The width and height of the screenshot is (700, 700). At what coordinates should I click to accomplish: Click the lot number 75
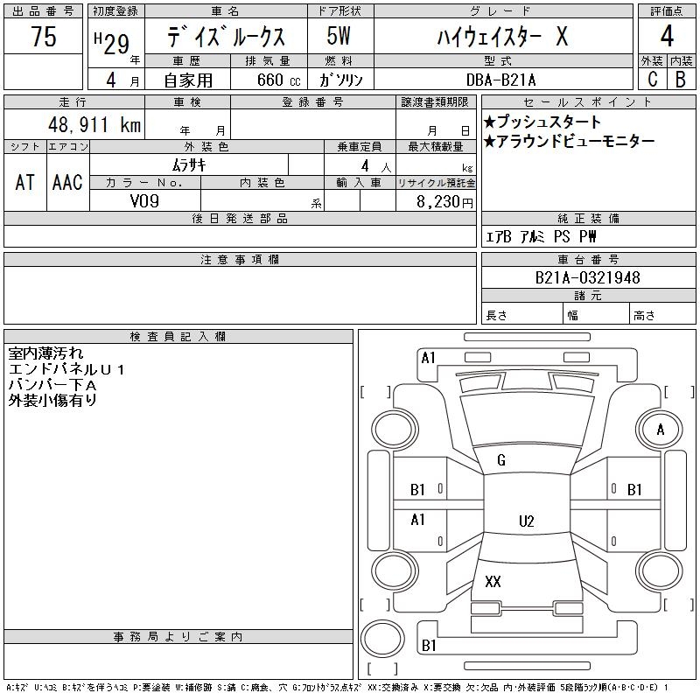pos(43,37)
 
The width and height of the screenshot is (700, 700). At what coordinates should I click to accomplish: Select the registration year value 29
pos(116,39)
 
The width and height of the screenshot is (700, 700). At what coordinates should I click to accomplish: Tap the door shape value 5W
pos(339,37)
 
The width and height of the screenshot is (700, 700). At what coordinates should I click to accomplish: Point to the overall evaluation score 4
pos(667,37)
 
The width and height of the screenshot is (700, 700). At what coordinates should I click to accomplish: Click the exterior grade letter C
pos(652,79)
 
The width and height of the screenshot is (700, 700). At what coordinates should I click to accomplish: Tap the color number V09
pos(144,200)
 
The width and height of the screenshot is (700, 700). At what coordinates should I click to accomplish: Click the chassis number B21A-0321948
pos(587,277)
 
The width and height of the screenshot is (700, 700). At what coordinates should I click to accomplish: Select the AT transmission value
pos(25,182)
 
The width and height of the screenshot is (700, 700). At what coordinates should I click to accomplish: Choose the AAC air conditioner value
pos(67,182)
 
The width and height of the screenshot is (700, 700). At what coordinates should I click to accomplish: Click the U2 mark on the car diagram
pos(526,521)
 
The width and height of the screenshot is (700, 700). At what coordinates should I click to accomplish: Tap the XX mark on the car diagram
pos(493,582)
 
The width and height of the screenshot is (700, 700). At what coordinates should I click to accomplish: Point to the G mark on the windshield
pos(501,460)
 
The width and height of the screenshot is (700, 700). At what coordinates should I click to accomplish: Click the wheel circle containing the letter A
pos(661,430)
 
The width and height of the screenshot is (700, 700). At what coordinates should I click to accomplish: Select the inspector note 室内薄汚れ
pos(46,353)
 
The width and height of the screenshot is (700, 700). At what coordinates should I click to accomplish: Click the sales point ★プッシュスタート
pos(542,122)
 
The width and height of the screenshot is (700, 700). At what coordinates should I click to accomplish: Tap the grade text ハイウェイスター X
pos(502,37)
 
